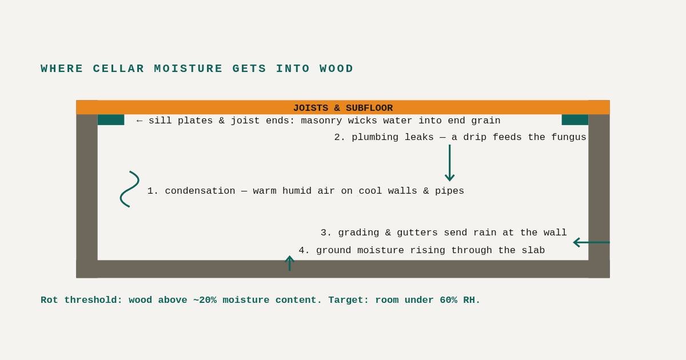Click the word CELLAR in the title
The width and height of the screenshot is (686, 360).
[118, 69]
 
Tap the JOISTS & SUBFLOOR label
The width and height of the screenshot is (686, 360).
[343, 108]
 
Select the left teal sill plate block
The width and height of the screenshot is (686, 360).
[111, 119]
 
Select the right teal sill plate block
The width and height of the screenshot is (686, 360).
[575, 119]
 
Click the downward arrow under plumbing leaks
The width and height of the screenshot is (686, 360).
[449, 163]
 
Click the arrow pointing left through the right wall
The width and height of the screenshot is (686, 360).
[591, 242]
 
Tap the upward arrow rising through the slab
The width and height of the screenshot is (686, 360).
[289, 263]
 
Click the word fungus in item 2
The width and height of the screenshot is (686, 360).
[569, 137]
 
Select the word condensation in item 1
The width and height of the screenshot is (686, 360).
[200, 191]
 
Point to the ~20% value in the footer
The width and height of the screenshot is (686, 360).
[205, 300]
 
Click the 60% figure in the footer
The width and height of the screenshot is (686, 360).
[448, 300]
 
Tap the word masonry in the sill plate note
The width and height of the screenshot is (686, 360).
[321, 121]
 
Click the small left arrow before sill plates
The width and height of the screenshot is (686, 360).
[139, 121]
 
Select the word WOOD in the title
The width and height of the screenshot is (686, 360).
[337, 69]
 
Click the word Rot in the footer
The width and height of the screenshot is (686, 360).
[49, 300]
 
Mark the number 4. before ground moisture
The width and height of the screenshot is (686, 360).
[304, 250]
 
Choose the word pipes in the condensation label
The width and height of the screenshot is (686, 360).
[449, 191]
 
